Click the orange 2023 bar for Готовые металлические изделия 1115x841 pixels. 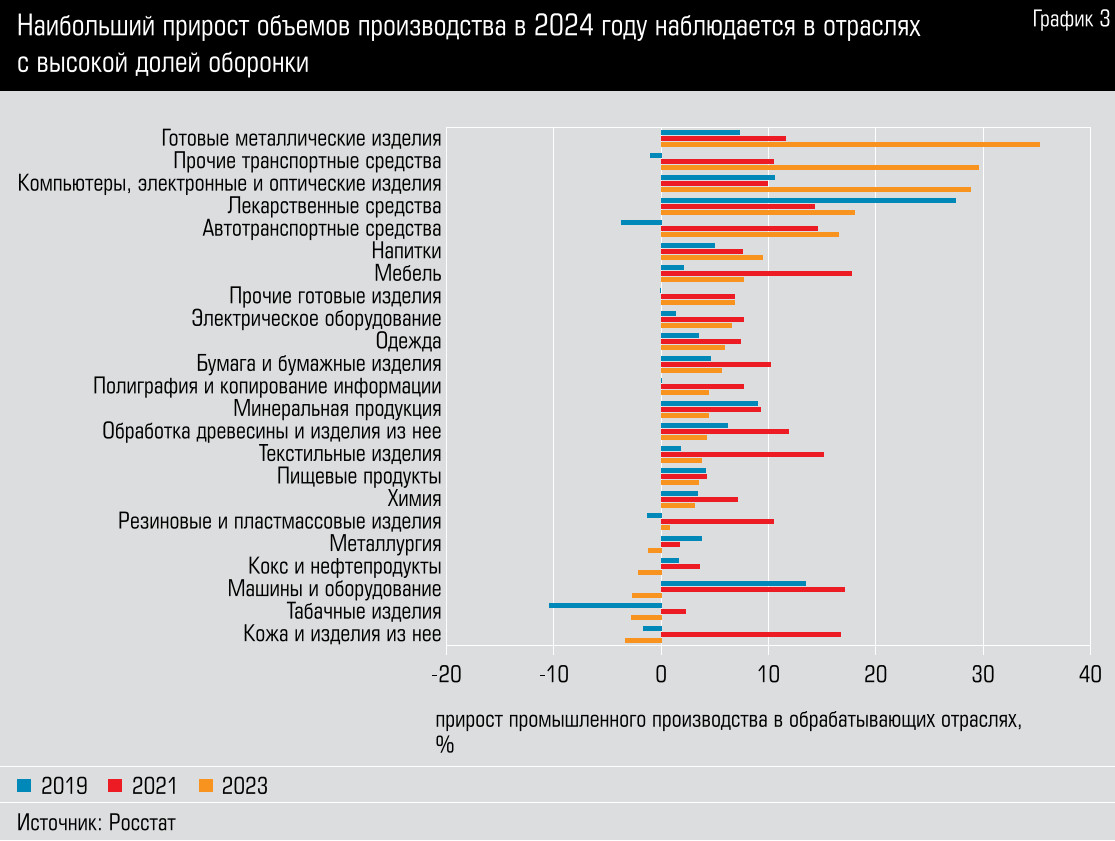pyautogui.click(x=850, y=144)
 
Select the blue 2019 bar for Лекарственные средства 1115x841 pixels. pyautogui.click(x=808, y=200)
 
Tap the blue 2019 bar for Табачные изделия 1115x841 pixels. pyautogui.click(x=605, y=605)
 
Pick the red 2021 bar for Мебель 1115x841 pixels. pyautogui.click(x=756, y=273)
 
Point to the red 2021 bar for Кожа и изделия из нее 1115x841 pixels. pyautogui.click(x=750, y=634)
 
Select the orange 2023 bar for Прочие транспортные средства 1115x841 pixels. pyautogui.click(x=820, y=167)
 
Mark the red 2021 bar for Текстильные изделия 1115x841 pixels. pyautogui.click(x=742, y=454)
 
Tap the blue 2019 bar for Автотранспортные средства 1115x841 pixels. pyautogui.click(x=641, y=222)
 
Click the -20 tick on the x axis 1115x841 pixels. pyautogui.click(x=446, y=673)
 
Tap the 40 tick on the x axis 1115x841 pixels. pyautogui.click(x=1090, y=673)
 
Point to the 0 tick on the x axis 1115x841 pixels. pyautogui.click(x=661, y=673)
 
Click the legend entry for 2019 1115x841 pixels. pyautogui.click(x=53, y=786)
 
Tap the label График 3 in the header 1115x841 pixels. pyautogui.click(x=1070, y=21)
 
